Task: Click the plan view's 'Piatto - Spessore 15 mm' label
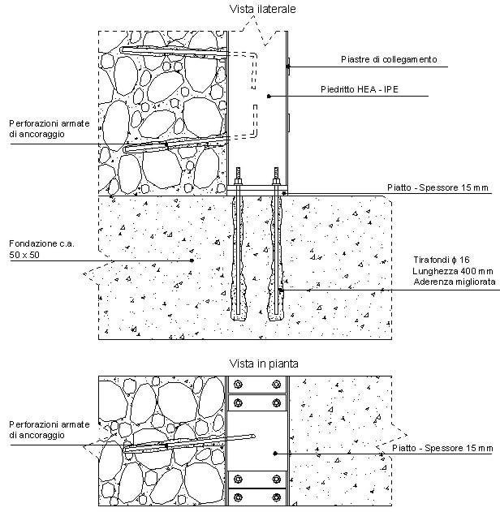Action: pos(442,448)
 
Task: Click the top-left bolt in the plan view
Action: pos(238,385)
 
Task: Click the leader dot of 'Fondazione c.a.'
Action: pos(191,260)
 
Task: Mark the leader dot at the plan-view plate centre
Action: pos(277,452)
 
